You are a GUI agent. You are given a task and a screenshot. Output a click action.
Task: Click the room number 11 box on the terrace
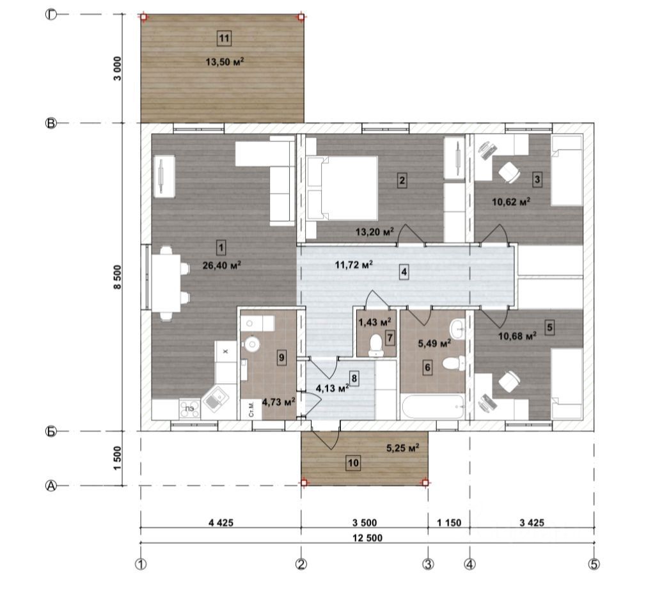coord(225,38)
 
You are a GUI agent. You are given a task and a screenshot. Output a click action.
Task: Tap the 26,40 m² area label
coord(221,265)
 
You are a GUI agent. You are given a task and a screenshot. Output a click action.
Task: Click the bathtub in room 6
coord(432,406)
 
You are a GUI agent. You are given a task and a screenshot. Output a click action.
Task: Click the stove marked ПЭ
coord(189,409)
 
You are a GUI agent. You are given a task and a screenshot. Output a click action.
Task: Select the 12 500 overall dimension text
coord(367,537)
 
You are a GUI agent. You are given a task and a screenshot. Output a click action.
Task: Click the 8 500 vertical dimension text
coord(117,277)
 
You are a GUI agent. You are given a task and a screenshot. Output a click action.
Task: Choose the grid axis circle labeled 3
coord(428,564)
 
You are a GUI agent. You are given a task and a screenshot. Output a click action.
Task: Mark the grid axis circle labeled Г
coord(51,15)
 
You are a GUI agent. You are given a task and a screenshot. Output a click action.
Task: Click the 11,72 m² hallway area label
coord(354,264)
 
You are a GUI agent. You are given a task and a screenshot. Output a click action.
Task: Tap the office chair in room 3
coord(509,171)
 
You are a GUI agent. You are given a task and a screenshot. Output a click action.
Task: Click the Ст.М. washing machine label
coord(251,409)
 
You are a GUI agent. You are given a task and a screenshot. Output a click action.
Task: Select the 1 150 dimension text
coord(449,523)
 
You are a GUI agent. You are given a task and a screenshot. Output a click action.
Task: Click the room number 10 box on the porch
coord(353,463)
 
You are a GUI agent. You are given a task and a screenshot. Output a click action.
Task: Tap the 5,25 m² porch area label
coord(403,448)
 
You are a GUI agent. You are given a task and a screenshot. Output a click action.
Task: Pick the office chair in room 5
coord(509,382)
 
